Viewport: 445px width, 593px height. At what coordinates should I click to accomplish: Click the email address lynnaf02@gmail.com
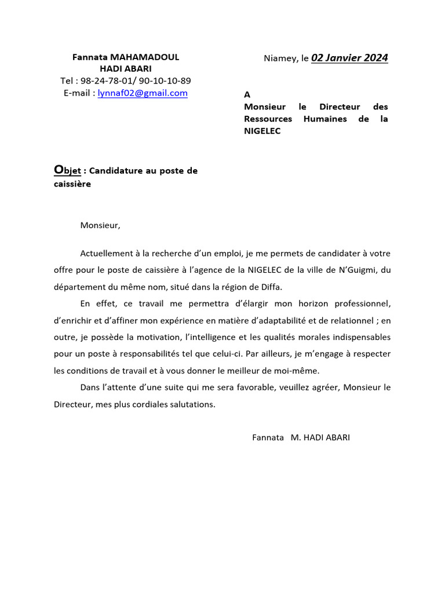point(143,93)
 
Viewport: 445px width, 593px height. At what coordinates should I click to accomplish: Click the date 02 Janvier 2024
point(349,57)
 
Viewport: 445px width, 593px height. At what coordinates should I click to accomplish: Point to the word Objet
point(67,170)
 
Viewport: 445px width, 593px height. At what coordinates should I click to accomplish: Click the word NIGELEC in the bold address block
point(262,131)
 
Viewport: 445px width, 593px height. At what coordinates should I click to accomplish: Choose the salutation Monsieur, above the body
point(100,225)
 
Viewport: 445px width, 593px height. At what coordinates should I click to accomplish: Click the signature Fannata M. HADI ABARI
point(301,437)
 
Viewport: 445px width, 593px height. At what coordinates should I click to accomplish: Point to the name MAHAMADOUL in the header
point(144,57)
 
